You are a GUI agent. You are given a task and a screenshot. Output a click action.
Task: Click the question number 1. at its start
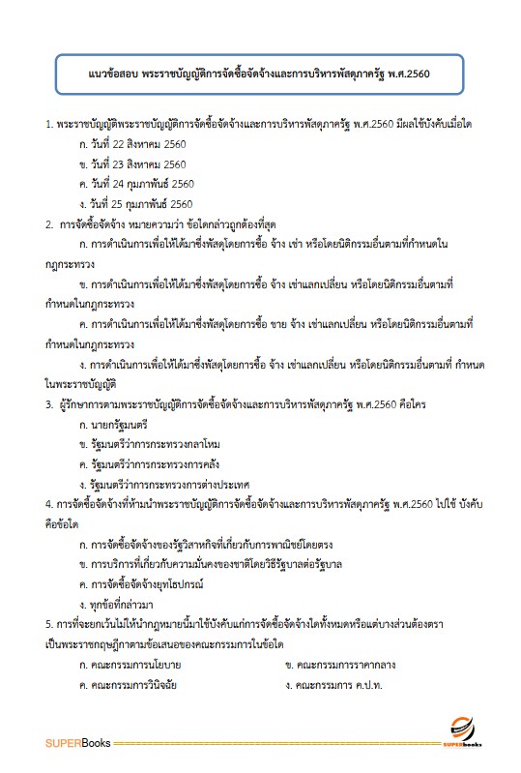click(x=48, y=125)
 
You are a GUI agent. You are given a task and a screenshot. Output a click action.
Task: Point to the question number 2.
click(x=49, y=223)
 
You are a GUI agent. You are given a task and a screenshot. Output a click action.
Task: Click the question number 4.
click(x=48, y=504)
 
